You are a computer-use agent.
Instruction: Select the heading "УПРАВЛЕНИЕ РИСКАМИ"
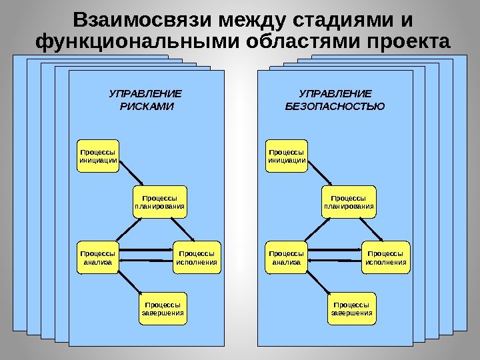[145, 99]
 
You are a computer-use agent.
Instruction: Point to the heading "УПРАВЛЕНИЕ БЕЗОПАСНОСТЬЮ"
[335, 99]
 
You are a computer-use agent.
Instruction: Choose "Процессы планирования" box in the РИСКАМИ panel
[160, 203]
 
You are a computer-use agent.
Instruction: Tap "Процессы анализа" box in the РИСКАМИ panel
[98, 257]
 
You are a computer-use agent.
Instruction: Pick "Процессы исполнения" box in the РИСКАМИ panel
[197, 257]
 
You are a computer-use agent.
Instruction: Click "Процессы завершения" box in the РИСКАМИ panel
[163, 308]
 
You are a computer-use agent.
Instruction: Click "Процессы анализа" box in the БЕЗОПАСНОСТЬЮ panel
[287, 257]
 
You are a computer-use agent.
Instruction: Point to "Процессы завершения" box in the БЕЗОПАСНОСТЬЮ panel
[352, 308]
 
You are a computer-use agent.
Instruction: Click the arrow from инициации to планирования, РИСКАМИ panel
[130, 172]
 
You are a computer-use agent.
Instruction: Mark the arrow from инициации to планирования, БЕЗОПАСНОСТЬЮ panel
[319, 172]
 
